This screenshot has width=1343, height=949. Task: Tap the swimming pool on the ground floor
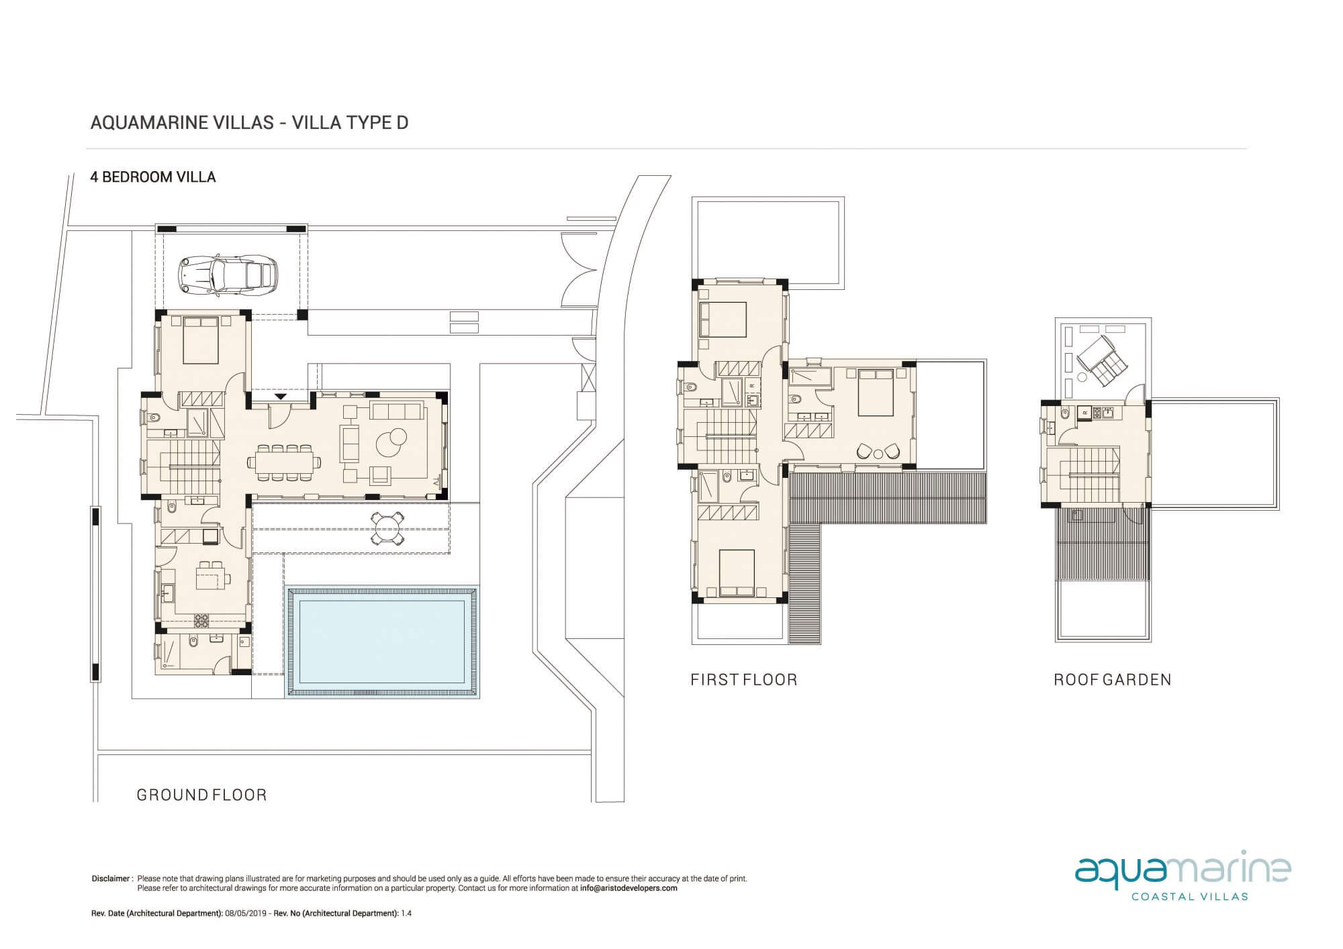[382, 642]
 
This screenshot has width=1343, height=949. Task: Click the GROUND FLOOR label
[201, 795]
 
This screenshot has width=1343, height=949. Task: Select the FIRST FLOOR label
[744, 680]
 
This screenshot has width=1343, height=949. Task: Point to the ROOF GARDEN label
[1113, 680]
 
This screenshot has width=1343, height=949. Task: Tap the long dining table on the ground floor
[284, 462]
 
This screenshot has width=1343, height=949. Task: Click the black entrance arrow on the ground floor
[281, 397]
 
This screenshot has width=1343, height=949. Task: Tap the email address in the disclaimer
[629, 888]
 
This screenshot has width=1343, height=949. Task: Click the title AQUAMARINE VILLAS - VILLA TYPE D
[249, 123]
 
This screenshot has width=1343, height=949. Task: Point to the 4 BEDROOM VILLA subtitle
[153, 177]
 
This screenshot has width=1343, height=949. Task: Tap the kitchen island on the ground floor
[212, 577]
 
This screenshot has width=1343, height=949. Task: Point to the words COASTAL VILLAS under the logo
[1190, 896]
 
